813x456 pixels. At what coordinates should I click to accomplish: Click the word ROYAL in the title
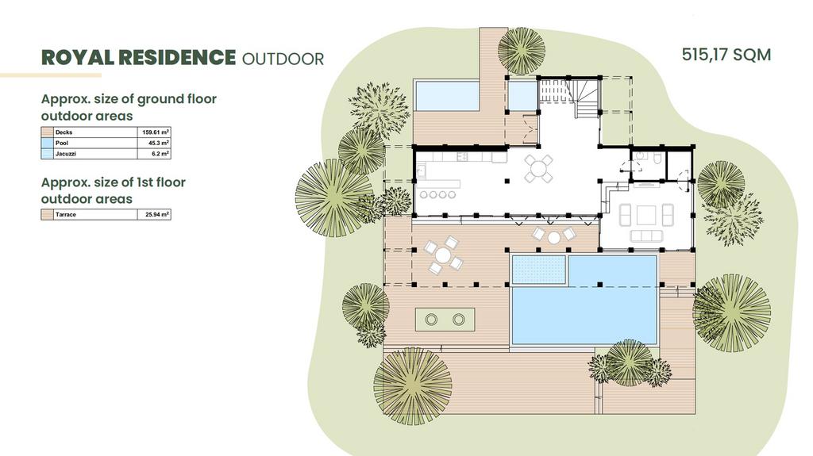pos(77,58)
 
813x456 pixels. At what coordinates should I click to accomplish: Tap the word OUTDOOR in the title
pos(283,59)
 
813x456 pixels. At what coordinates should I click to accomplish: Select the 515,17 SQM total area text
pos(726,55)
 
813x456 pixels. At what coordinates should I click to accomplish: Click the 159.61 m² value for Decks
pos(156,132)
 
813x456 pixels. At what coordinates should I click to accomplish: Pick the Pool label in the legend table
pos(62,143)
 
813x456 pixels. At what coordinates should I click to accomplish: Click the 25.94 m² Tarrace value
pos(157,214)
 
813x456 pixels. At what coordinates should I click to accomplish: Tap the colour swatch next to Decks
pos(47,132)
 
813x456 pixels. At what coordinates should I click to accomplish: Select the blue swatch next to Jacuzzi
pos(47,154)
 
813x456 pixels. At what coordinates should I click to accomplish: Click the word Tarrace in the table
pos(66,215)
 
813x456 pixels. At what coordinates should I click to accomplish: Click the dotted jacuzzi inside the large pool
pos(539,270)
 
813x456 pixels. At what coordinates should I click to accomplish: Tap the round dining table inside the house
pos(539,168)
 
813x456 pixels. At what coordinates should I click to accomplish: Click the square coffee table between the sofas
pos(646,215)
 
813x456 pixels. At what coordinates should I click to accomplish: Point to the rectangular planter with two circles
pos(445,320)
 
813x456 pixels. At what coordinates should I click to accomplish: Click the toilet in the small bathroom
pos(657,158)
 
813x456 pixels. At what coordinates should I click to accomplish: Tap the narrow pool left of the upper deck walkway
pos(447,95)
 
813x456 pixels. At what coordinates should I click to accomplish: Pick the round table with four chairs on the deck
pos(443,255)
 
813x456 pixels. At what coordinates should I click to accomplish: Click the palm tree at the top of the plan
pos(522,51)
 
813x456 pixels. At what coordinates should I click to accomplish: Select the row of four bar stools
pos(437,195)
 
